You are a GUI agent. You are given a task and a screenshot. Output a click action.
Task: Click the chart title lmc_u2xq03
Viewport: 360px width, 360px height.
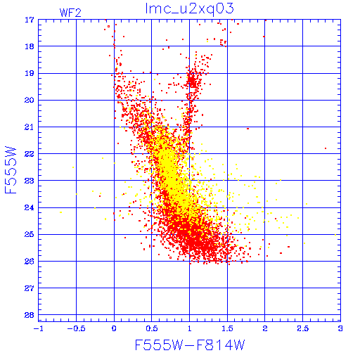pyautogui.click(x=189, y=9)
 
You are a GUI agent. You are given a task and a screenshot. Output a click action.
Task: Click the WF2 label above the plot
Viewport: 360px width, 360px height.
pyautogui.click(x=70, y=13)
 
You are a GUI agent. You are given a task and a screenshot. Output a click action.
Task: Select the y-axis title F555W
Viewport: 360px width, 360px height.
pyautogui.click(x=11, y=170)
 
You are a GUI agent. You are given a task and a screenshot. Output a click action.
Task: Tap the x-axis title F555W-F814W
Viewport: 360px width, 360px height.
pyautogui.click(x=190, y=345)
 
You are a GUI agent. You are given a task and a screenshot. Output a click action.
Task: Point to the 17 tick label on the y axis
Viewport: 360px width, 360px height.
pyautogui.click(x=29, y=20)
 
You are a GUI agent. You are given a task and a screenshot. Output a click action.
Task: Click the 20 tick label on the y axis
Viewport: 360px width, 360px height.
pyautogui.click(x=29, y=100)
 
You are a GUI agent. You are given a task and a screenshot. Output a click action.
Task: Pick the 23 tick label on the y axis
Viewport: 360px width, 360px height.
pyautogui.click(x=29, y=181)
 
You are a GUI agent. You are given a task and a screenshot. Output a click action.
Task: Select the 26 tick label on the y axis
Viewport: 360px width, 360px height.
pyautogui.click(x=29, y=261)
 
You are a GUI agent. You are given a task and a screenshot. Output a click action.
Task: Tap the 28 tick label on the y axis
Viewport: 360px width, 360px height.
pyautogui.click(x=29, y=315)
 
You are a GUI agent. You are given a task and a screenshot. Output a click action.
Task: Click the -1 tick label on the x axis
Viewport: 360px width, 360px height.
pyautogui.click(x=38, y=328)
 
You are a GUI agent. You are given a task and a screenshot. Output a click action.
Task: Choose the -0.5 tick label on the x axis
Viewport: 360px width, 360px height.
pyautogui.click(x=76, y=328)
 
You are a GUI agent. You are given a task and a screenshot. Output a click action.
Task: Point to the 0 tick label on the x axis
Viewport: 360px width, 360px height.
pyautogui.click(x=114, y=328)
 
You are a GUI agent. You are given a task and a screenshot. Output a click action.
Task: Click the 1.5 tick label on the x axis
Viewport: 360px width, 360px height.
pyautogui.click(x=227, y=328)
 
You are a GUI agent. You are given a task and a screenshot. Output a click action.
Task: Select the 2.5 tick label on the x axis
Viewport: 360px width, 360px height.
pyautogui.click(x=302, y=328)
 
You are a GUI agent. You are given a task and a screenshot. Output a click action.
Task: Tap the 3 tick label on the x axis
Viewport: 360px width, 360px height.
pyautogui.click(x=340, y=328)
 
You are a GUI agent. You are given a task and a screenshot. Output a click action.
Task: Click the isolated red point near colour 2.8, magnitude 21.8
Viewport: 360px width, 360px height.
pyautogui.click(x=326, y=148)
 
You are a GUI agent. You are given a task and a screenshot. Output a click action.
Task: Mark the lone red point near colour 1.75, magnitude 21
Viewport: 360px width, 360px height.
pyautogui.click(x=247, y=129)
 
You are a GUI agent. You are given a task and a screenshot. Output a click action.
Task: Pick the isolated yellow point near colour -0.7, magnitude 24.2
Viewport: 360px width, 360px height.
pyautogui.click(x=61, y=212)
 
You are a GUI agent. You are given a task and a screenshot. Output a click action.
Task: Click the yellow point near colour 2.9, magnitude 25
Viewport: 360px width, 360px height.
pyautogui.click(x=335, y=235)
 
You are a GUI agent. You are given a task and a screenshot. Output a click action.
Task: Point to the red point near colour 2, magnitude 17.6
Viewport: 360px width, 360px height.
pyautogui.click(x=264, y=37)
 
